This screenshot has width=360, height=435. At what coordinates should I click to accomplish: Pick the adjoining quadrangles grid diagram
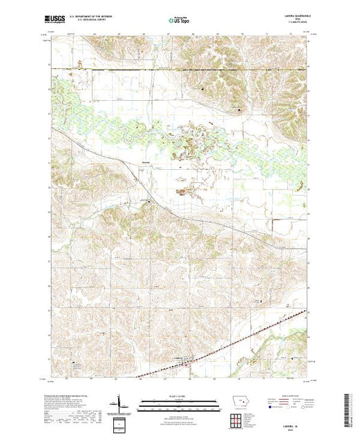point(238,420)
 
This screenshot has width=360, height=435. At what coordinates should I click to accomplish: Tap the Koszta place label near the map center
point(145,163)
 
